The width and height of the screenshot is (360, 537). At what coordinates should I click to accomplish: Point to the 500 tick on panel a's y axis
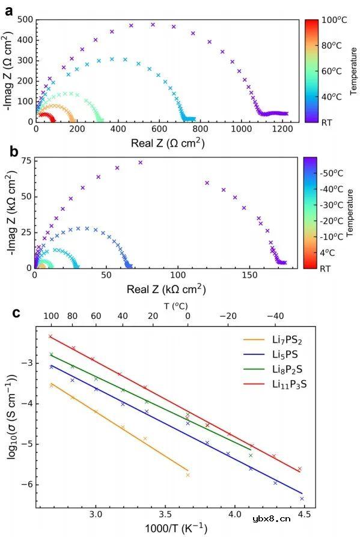click(x=24, y=19)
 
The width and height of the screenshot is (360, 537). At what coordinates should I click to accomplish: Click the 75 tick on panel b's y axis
click(x=25, y=161)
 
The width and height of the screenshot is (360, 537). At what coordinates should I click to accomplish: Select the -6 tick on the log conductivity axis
click(x=26, y=485)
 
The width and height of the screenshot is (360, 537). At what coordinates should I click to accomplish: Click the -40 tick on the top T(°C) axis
click(x=276, y=315)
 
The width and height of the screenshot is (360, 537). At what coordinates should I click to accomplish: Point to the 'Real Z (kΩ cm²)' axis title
click(x=166, y=290)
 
